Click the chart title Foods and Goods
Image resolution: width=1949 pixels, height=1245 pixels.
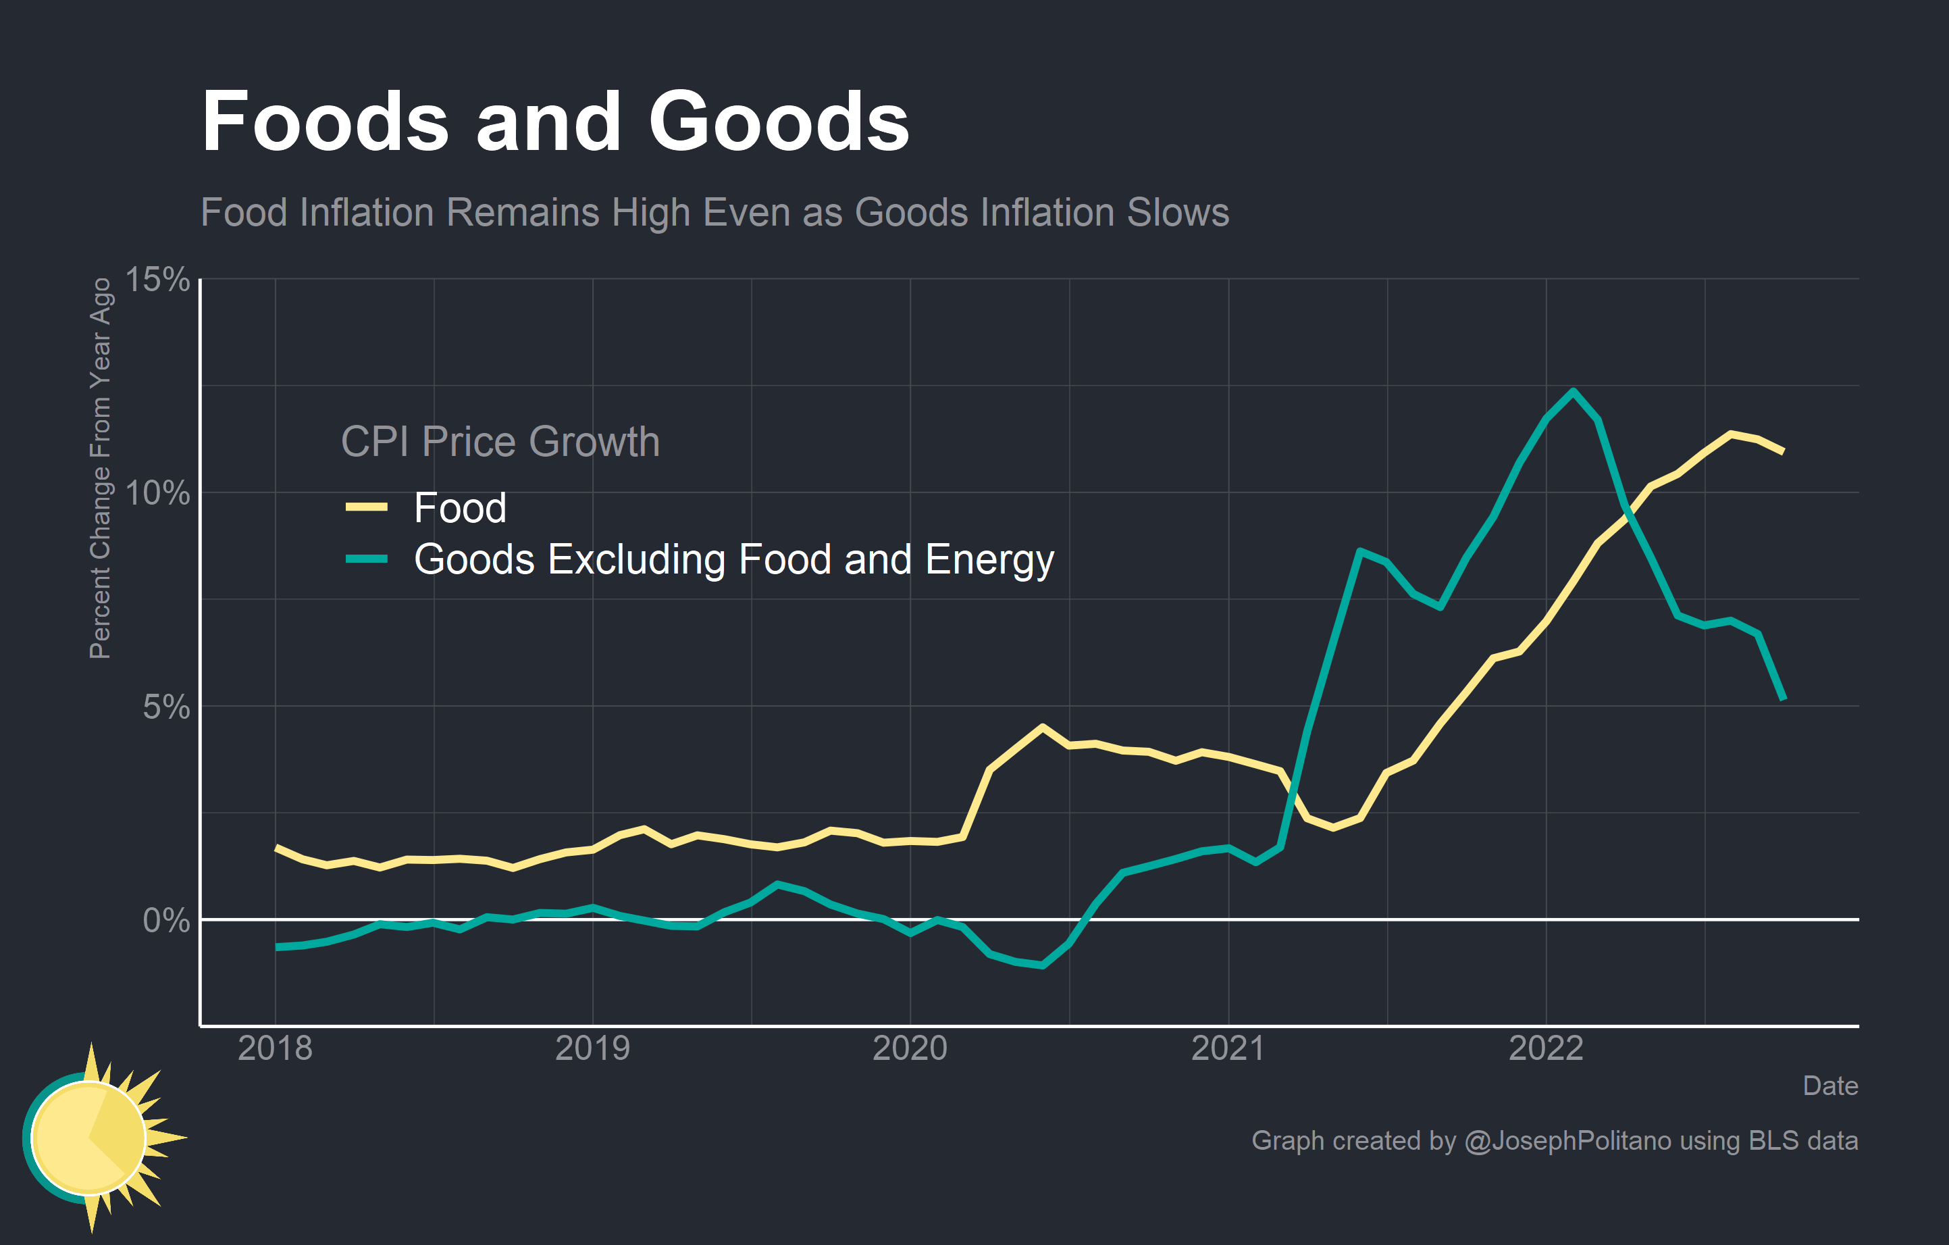[x=555, y=122]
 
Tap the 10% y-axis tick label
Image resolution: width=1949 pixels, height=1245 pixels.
[x=158, y=493]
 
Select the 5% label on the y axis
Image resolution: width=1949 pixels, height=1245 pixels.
[x=166, y=707]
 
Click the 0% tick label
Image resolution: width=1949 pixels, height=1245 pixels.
[x=166, y=920]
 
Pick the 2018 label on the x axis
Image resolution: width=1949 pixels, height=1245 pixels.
[x=275, y=1048]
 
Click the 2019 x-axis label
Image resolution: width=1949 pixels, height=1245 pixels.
[x=592, y=1048]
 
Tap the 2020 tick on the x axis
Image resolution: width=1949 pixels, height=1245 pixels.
[x=910, y=1048]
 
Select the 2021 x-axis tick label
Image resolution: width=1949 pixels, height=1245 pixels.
[x=1228, y=1048]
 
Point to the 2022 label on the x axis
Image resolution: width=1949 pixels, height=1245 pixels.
[x=1546, y=1048]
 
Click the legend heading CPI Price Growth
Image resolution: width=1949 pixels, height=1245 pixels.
[x=500, y=442]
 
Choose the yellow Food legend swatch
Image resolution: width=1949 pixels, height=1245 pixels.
[x=367, y=507]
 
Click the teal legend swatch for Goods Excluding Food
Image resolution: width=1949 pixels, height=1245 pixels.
[x=367, y=559]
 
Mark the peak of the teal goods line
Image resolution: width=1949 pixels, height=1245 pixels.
[x=1573, y=392]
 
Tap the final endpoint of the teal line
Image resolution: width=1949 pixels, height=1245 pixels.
[x=1783, y=698]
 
